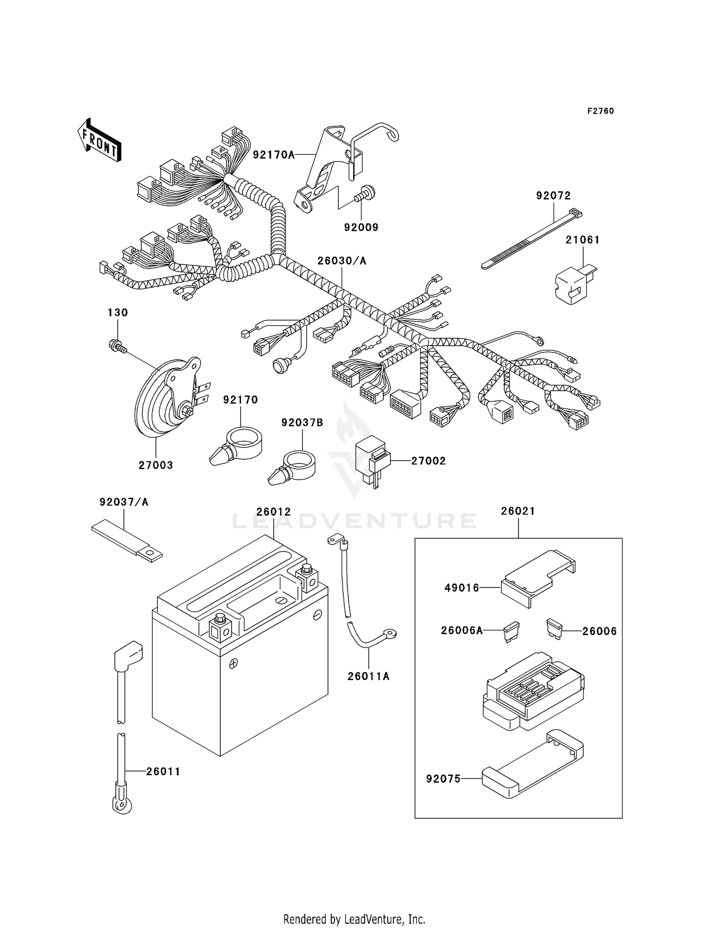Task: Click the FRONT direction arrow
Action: [x=99, y=140]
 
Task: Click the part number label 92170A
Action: [x=273, y=155]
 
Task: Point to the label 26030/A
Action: [x=341, y=261]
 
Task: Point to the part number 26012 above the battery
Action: [x=273, y=512]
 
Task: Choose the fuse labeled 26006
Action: [x=554, y=629]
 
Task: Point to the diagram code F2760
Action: [x=600, y=111]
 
